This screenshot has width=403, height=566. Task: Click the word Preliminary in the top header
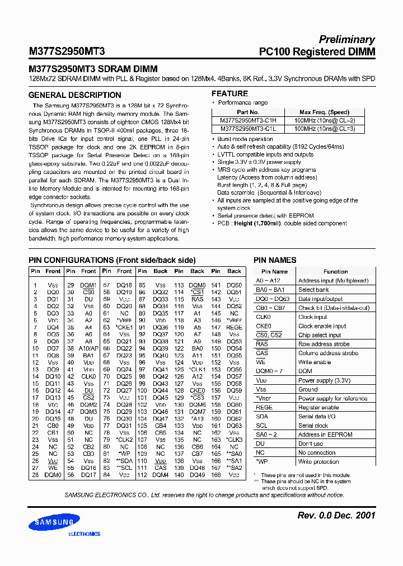(346, 40)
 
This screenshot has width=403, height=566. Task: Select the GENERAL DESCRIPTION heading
(74, 95)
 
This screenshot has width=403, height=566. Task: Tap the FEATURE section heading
(229, 93)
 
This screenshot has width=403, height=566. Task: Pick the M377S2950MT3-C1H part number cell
(249, 120)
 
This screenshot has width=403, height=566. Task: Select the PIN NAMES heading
(275, 260)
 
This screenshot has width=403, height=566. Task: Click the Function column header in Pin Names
(335, 271)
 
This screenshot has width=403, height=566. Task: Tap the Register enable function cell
(318, 407)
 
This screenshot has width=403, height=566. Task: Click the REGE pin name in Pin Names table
(264, 407)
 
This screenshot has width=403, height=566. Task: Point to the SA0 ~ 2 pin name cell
(266, 435)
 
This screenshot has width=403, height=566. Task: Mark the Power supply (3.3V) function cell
(324, 380)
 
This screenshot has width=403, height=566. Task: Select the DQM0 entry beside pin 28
(53, 475)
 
